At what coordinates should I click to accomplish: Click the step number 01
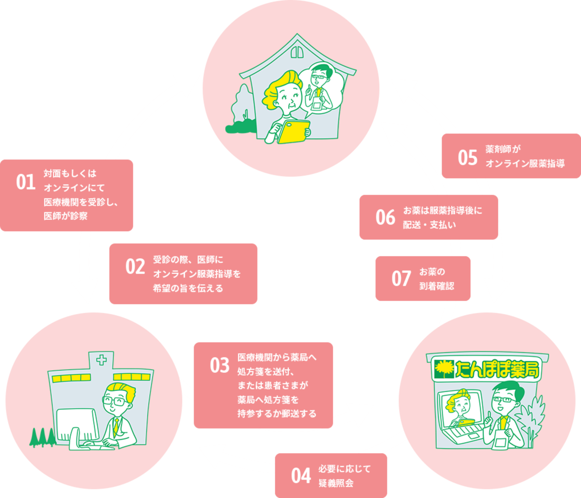tap(26, 182)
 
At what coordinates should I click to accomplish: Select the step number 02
tap(135, 266)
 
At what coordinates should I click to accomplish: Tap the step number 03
tap(220, 365)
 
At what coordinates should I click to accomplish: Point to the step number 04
tap(301, 476)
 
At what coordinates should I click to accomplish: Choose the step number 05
tap(468, 158)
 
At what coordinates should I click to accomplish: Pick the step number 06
tap(385, 217)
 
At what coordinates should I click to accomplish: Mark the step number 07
tap(401, 279)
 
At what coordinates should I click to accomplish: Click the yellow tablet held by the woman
tap(293, 131)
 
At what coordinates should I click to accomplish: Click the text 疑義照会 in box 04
tap(336, 483)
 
